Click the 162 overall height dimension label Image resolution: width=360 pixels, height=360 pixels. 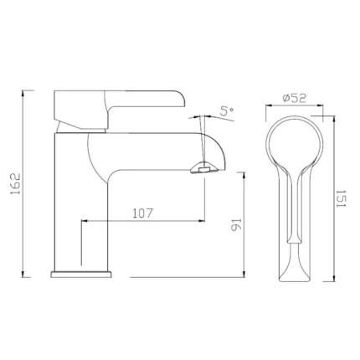click(15, 184)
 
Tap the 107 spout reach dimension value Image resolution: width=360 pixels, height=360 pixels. click(142, 213)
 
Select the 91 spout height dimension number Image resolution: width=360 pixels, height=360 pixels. click(235, 224)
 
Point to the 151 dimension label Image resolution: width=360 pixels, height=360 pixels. click(341, 198)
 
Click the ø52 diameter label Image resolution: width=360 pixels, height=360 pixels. click(295, 98)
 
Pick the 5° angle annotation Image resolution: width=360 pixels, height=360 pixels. click(227, 111)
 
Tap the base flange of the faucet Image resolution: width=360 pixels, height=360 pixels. click(81, 275)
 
